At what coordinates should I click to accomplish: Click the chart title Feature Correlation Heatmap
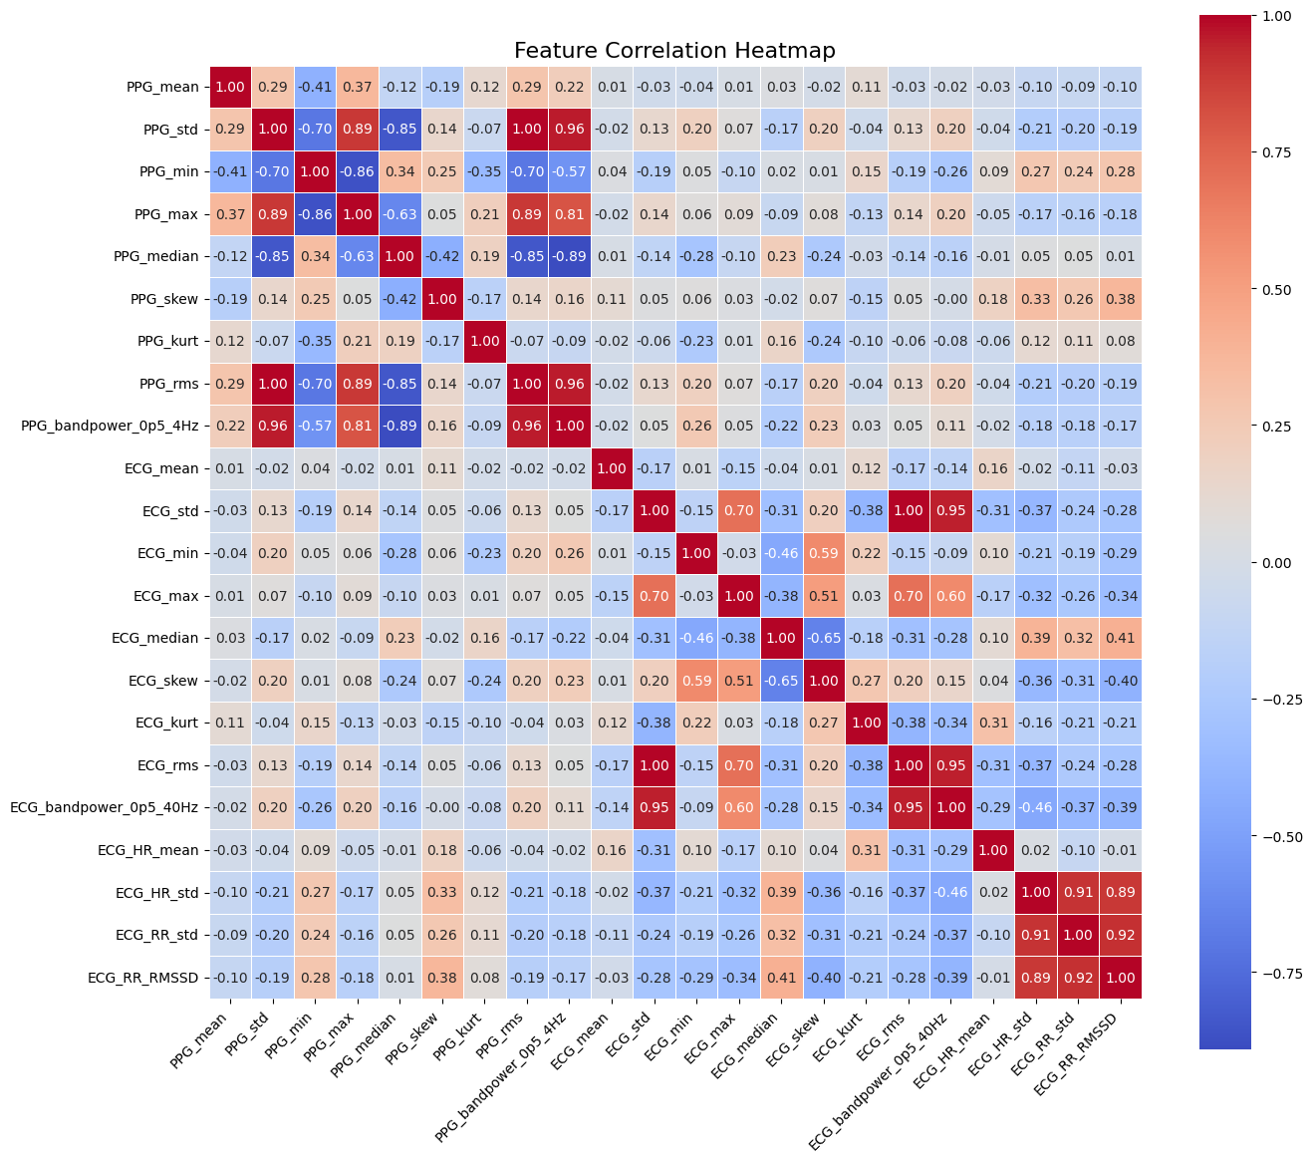[674, 50]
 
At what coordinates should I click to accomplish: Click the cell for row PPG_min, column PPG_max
[358, 171]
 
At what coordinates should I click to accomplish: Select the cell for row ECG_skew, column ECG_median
[782, 681]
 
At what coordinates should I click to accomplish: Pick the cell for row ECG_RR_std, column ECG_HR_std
[1036, 935]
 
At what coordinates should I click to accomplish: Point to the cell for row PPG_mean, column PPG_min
[315, 87]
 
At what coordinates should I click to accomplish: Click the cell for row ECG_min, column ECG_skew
[824, 553]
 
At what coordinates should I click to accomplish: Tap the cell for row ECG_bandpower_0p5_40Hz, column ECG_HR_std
[1036, 807]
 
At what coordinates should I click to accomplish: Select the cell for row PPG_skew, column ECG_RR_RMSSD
[1121, 299]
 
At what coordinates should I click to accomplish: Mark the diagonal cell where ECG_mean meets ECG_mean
[612, 468]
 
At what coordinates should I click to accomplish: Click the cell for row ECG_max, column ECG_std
[655, 596]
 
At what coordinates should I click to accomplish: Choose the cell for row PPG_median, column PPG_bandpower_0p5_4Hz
[570, 256]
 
